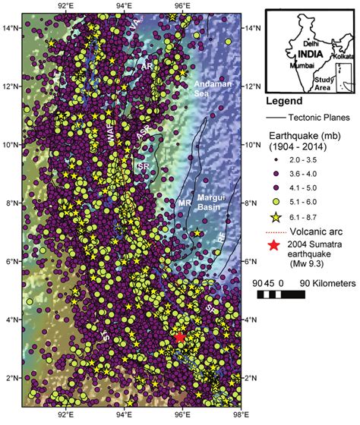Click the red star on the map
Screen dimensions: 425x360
(179, 338)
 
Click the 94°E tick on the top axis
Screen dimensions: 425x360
(124, 6)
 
